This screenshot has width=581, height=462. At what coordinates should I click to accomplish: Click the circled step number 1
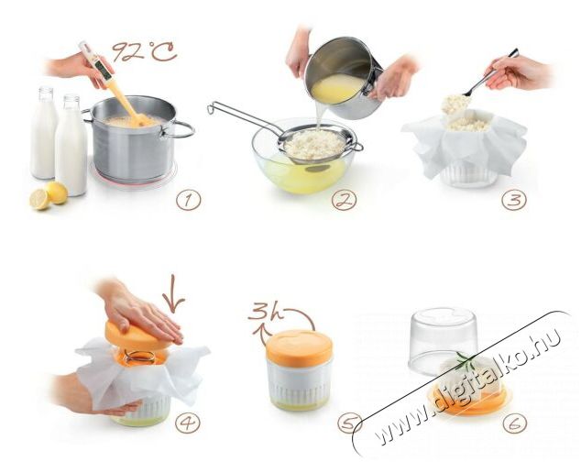click(x=189, y=201)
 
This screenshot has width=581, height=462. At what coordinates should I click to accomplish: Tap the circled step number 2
click(x=345, y=201)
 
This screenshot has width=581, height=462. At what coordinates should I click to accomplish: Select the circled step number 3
click(x=514, y=200)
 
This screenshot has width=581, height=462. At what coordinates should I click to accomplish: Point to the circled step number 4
click(x=188, y=423)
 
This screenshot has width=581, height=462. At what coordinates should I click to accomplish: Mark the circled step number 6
click(x=515, y=423)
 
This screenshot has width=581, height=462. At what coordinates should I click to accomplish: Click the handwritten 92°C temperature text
click(x=145, y=51)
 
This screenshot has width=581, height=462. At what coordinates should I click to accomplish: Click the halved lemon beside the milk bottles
click(x=39, y=200)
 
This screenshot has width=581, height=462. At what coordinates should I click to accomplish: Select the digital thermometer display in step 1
click(x=104, y=70)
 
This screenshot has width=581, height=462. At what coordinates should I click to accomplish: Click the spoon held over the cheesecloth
click(x=486, y=78)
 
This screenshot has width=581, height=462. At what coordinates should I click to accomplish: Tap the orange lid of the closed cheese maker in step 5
click(x=300, y=346)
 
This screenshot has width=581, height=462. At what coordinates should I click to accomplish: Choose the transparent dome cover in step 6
click(x=444, y=340)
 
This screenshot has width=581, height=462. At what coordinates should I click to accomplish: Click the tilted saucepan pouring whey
click(x=343, y=77)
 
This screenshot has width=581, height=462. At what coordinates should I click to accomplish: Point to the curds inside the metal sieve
click(x=315, y=144)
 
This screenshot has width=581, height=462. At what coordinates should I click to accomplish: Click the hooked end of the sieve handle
click(x=212, y=108)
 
